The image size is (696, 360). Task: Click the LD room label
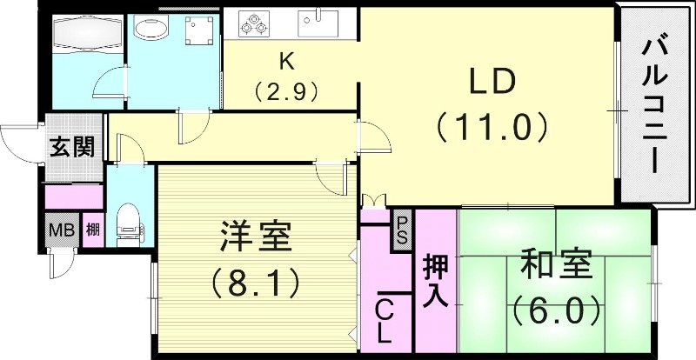pos(492,83)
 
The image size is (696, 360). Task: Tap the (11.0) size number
pos(492,128)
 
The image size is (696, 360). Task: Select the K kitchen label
pos(285,62)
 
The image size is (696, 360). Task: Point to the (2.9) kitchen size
pos(285,89)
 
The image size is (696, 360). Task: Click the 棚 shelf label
pos(92,232)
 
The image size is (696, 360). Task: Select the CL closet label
pos(385,319)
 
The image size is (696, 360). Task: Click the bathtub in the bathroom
pos(85,33)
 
